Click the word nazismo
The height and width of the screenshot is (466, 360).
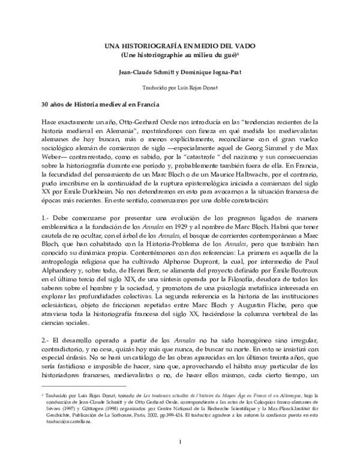pyautogui.click(x=252, y=159)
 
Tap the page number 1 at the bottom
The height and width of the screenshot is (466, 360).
pyautogui.click(x=180, y=443)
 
